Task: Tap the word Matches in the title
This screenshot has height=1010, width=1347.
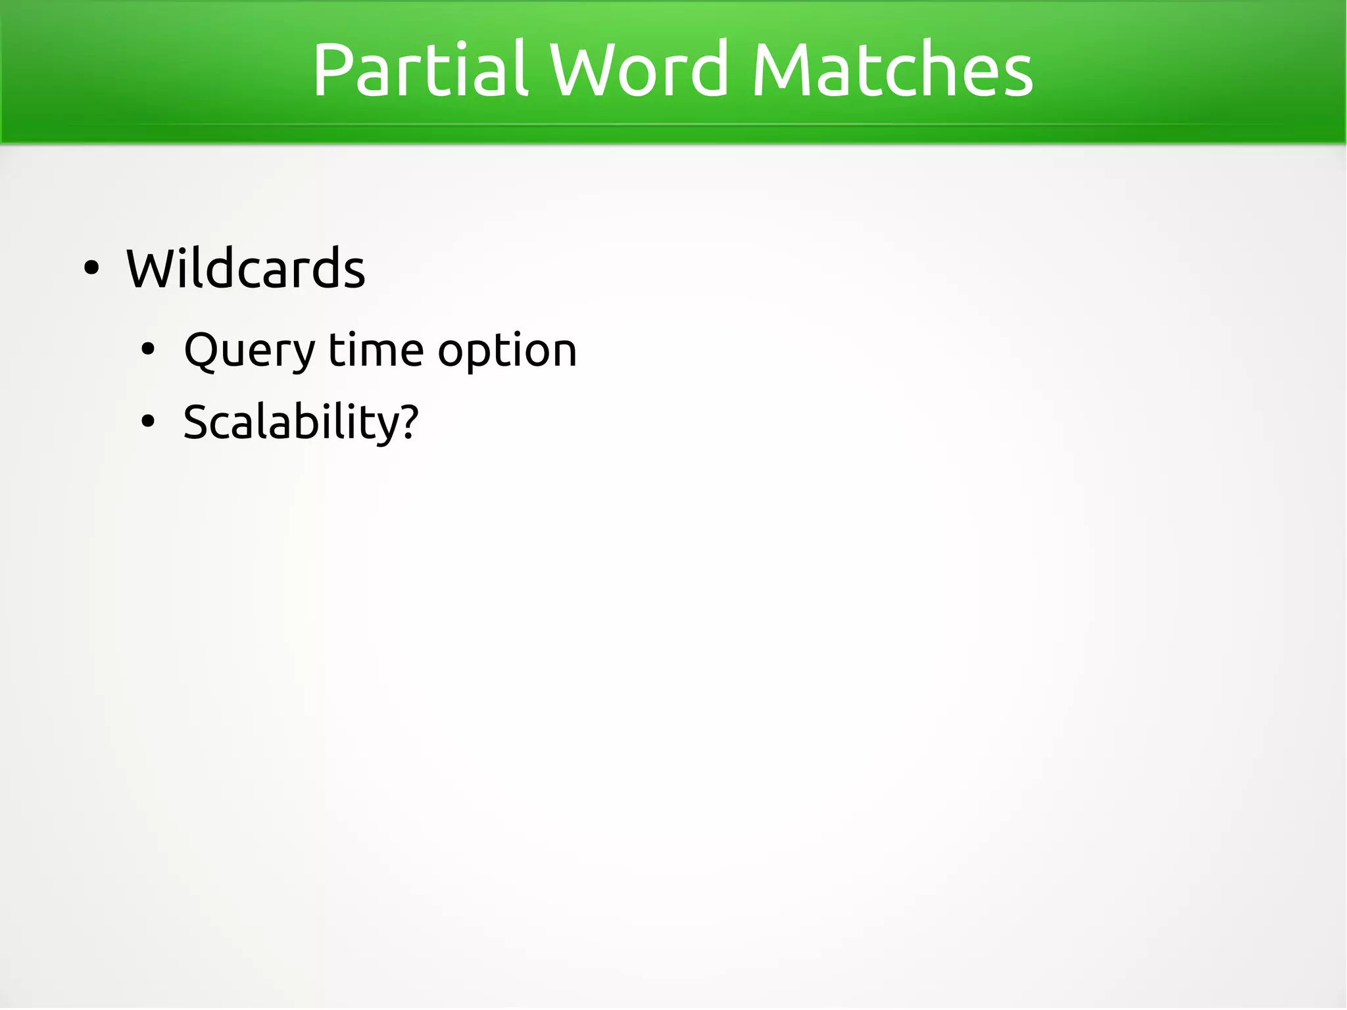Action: [x=893, y=69]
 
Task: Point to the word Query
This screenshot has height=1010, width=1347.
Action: [x=250, y=351]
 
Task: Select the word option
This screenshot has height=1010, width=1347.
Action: [x=507, y=351]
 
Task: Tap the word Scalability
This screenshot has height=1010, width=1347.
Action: [x=291, y=422]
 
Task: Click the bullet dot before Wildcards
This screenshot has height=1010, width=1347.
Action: [x=91, y=268]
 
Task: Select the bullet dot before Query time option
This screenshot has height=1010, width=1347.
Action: [x=148, y=350]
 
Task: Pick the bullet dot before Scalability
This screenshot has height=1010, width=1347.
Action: [x=148, y=422]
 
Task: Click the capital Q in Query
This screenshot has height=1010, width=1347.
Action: [x=201, y=351]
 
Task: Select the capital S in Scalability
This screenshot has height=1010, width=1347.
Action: [x=197, y=422]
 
